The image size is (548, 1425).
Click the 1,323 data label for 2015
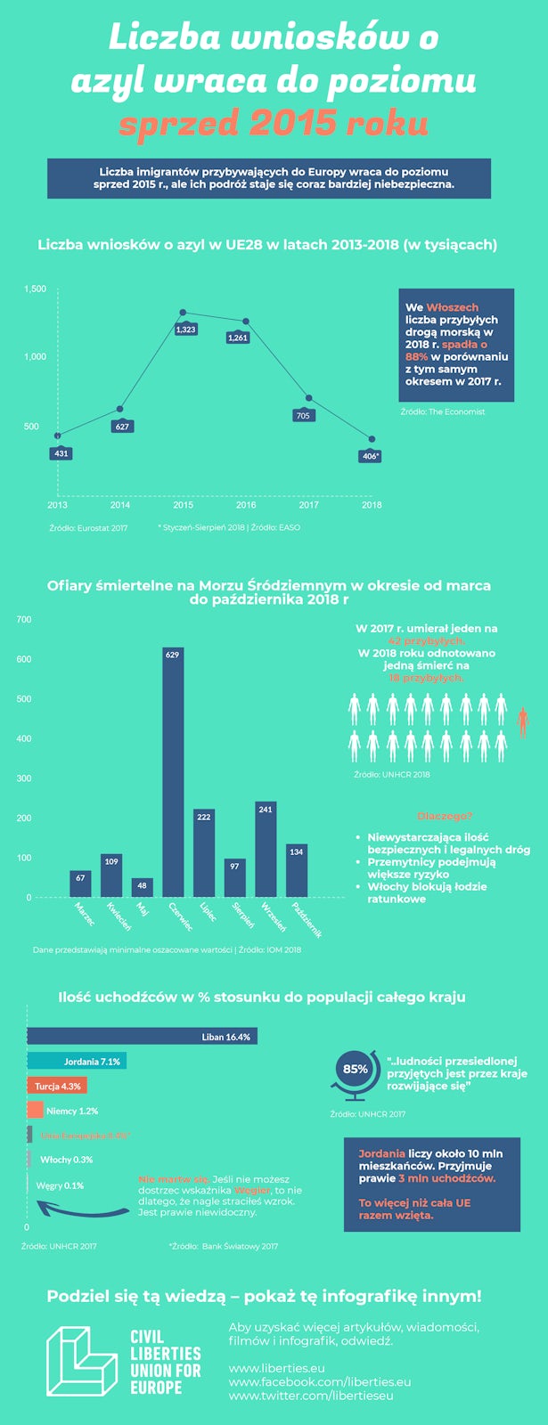click(x=185, y=330)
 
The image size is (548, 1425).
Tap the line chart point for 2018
click(x=372, y=440)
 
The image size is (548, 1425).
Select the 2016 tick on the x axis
click(x=246, y=505)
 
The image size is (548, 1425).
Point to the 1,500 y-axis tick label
click(x=36, y=289)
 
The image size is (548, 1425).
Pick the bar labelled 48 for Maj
click(x=143, y=887)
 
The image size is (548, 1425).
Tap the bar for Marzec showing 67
click(x=80, y=883)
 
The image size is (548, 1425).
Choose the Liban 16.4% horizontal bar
click(x=143, y=1036)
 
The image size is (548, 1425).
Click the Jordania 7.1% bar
click(x=77, y=1061)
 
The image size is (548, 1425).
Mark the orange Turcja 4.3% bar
click(x=57, y=1086)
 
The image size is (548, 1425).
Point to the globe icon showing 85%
click(x=355, y=1072)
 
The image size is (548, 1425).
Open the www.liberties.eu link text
click(x=276, y=1368)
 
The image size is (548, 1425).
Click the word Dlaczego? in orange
click(x=444, y=816)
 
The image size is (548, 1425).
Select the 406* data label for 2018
click(x=371, y=456)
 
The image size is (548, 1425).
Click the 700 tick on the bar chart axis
click(x=24, y=619)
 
